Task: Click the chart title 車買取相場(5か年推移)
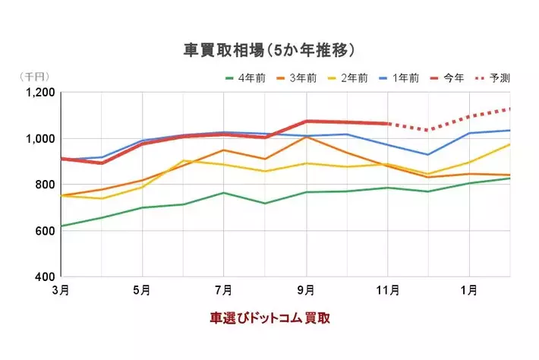pyautogui.click(x=269, y=50)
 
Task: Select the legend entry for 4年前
pyautogui.click(x=245, y=77)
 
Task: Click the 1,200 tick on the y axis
pyautogui.click(x=40, y=93)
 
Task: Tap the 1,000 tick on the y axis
pyautogui.click(x=40, y=138)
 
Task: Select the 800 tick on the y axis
pyautogui.click(x=45, y=185)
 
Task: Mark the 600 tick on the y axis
pyautogui.click(x=45, y=230)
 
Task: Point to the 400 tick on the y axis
pyautogui.click(x=45, y=276)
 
